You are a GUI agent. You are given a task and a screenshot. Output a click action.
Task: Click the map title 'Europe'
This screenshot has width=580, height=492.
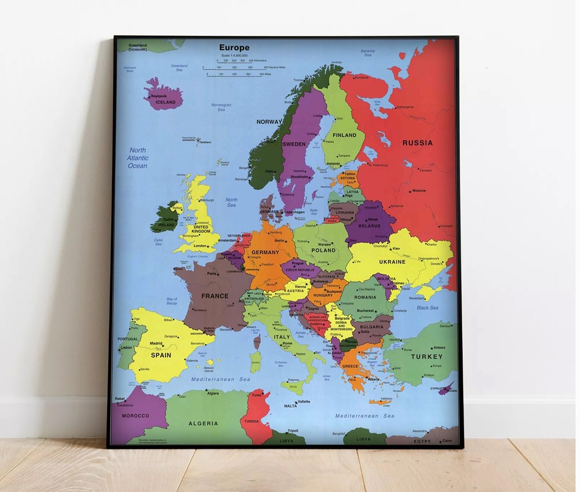234,47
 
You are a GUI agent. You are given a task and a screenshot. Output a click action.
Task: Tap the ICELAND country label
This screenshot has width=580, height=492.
166,102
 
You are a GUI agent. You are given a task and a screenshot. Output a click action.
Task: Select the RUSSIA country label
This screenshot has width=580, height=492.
418,143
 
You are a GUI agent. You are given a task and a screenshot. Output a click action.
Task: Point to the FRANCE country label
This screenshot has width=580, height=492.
215,296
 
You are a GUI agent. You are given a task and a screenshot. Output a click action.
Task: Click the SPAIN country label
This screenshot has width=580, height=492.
161,355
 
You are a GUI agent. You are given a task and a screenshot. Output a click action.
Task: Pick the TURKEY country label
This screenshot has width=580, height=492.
427,357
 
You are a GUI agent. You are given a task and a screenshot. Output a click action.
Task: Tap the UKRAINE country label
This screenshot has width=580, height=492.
392,262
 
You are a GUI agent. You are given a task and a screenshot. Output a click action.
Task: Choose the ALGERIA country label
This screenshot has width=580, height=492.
203,423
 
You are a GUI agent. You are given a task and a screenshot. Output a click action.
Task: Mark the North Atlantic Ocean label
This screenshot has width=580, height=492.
138,158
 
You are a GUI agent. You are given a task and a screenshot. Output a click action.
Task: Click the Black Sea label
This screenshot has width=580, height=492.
427,308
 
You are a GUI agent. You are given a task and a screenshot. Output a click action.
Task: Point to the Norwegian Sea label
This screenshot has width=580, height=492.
221,107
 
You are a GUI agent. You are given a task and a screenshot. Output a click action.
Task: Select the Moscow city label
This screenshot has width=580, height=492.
419,191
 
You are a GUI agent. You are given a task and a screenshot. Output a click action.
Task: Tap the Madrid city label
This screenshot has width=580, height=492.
156,343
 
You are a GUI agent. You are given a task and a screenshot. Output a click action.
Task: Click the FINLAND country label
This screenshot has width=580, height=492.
344,135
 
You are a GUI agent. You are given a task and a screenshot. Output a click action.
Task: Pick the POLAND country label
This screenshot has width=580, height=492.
323,250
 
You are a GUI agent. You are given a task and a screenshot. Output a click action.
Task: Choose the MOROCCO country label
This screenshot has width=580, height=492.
135,416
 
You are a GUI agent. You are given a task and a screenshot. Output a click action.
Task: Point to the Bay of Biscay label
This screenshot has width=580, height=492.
172,301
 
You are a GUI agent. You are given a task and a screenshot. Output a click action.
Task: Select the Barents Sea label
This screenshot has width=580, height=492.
368,53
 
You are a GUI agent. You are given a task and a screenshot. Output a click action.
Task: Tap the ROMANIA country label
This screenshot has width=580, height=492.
365,298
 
